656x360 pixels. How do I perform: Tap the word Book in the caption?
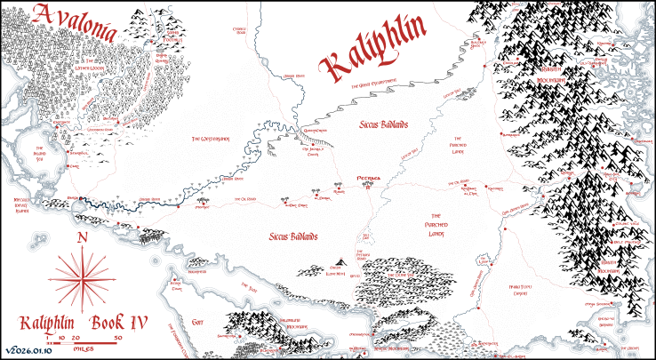click(x=93, y=322)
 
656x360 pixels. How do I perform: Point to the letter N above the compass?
click(x=82, y=237)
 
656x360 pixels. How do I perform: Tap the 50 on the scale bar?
click(x=117, y=339)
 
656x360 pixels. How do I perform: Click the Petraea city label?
click(x=368, y=178)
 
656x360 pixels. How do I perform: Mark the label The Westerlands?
click(x=215, y=140)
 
